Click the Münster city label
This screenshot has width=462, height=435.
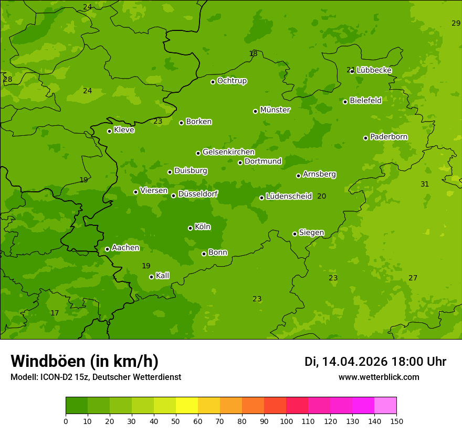[275, 110]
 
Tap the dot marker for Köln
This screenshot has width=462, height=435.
[190, 228]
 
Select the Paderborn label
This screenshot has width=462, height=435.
[388, 137]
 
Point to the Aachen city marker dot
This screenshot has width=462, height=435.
[107, 249]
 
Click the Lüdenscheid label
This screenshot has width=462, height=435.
[289, 197]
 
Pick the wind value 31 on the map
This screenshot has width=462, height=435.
[425, 184]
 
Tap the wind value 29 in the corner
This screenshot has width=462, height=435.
[456, 23]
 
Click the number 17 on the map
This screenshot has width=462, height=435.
[55, 313]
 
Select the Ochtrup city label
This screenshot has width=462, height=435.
[232, 81]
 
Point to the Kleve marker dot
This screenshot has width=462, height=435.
[109, 131]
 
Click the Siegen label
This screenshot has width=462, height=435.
[311, 233]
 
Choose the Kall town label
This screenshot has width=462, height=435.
[162, 276]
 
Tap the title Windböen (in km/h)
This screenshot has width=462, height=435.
[85, 361]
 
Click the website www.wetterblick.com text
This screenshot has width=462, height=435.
[379, 377]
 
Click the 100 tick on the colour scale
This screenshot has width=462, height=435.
[286, 421]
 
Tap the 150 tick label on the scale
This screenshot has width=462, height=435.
[396, 421]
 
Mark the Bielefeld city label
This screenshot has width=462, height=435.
[365, 100]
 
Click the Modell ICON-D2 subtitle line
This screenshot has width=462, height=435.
[96, 377]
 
